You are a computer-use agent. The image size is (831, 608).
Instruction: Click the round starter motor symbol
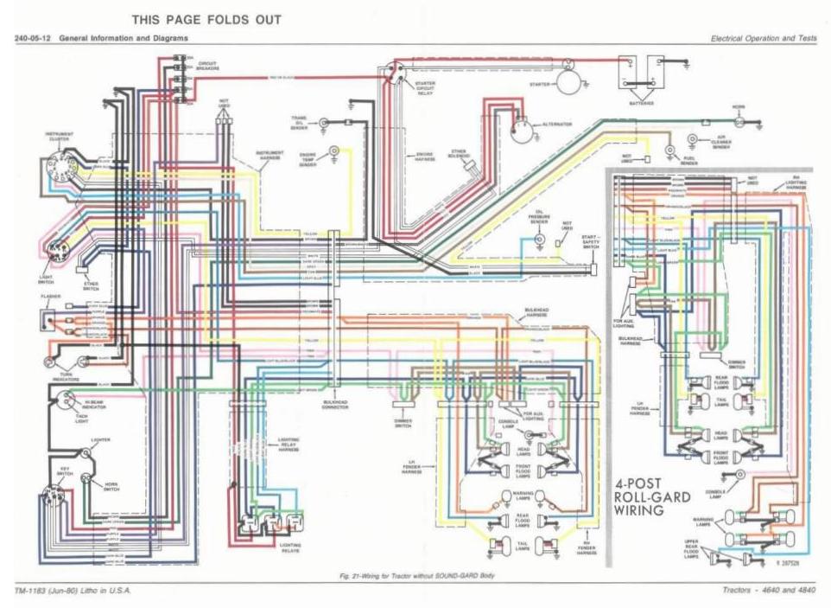pos(568,82)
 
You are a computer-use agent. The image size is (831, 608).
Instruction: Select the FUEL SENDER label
pos(688,160)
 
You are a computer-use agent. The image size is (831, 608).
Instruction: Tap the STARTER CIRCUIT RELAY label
pos(425,88)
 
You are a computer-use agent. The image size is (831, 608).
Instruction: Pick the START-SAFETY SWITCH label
pos(591,241)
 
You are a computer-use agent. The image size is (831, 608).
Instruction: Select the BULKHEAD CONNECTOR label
pos(335,403)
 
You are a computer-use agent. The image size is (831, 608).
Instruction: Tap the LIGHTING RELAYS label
pos(289,547)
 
